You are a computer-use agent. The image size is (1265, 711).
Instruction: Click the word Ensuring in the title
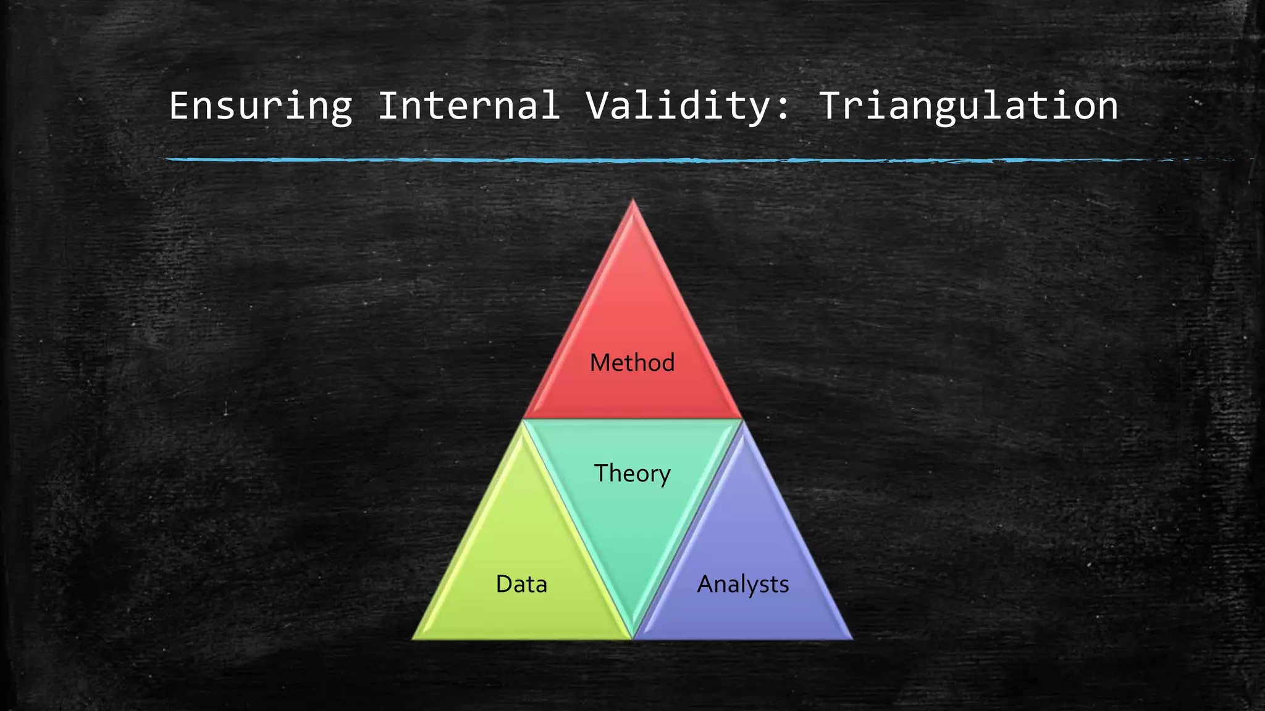tap(261, 106)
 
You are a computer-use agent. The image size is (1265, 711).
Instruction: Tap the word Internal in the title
tap(469, 106)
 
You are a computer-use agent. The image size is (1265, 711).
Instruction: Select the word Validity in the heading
tap(677, 106)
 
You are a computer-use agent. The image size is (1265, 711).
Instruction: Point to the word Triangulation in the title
tap(968, 106)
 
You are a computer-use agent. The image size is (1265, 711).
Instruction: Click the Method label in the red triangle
tap(632, 363)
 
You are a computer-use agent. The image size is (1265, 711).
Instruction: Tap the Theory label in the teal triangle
tap(632, 474)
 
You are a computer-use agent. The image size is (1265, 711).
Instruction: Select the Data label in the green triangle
tap(521, 584)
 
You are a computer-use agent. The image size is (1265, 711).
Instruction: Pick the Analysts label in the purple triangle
tap(742, 584)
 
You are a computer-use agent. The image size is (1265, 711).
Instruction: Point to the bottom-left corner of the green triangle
tap(414, 638)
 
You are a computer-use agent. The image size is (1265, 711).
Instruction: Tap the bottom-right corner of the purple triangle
tap(851, 638)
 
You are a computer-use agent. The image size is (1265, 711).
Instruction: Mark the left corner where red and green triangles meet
tap(523, 420)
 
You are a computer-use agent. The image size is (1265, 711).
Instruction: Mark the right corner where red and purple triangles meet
tap(742, 420)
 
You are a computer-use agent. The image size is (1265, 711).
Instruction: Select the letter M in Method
tap(600, 363)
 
